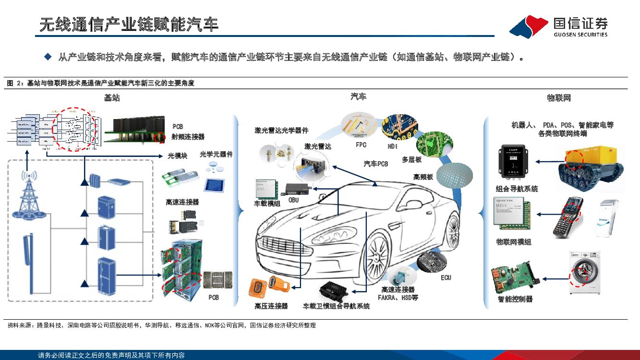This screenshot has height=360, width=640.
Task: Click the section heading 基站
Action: (112, 98)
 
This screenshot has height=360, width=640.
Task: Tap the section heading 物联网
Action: (559, 98)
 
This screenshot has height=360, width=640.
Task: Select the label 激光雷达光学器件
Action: (281, 130)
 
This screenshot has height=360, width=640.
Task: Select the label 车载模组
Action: (267, 203)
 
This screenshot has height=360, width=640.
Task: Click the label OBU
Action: (293, 200)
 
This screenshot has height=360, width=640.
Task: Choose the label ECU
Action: (446, 277)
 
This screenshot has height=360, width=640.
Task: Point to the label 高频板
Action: (423, 177)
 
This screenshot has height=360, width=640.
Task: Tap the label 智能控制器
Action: (515, 299)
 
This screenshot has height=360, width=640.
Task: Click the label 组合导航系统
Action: (517, 189)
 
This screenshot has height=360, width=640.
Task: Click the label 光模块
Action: (177, 156)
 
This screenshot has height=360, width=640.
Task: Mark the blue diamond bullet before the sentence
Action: (48, 57)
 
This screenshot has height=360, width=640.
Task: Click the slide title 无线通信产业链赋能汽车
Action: (129, 24)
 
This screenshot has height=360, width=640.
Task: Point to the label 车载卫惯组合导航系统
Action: (336, 306)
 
